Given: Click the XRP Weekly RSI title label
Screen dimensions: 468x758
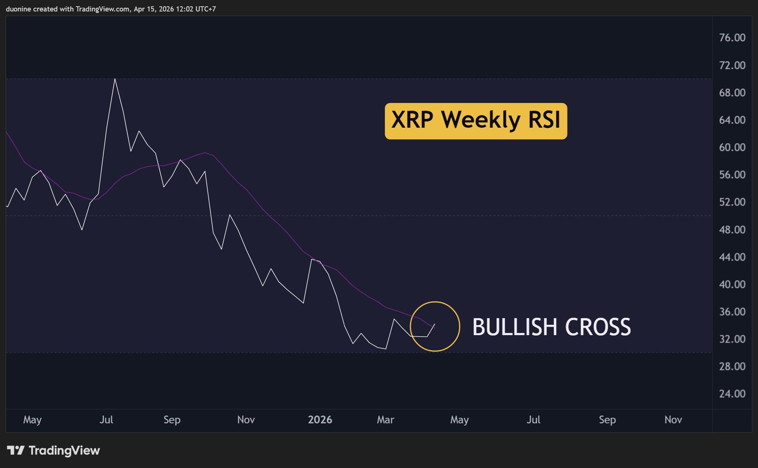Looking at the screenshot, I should (476, 121).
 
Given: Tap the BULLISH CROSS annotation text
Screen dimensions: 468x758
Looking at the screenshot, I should (552, 327).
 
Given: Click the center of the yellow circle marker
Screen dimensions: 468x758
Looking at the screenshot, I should (435, 326).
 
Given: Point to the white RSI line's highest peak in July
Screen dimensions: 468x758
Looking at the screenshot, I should (115, 79).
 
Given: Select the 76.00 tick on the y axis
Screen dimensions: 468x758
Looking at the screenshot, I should (732, 38).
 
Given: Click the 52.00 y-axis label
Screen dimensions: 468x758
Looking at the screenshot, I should (732, 202).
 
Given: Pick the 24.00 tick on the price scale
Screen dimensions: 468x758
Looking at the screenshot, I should (732, 394).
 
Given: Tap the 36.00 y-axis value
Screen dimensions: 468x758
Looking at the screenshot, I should (732, 312).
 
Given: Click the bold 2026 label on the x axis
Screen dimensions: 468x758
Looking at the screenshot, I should (320, 420).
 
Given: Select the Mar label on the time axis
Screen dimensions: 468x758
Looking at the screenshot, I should (385, 420).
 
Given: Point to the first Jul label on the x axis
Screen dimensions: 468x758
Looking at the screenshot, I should (106, 420).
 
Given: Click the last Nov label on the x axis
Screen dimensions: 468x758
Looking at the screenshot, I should (673, 420).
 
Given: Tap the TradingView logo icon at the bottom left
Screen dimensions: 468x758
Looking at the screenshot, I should (16, 450).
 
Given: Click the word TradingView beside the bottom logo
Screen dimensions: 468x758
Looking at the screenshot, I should (64, 450).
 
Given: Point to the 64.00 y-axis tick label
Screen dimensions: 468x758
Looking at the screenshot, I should (732, 120).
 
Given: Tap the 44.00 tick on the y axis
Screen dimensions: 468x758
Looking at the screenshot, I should (732, 257).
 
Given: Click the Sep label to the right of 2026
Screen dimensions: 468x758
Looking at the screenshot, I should (607, 420).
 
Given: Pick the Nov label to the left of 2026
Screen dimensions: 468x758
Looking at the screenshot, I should (246, 420).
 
